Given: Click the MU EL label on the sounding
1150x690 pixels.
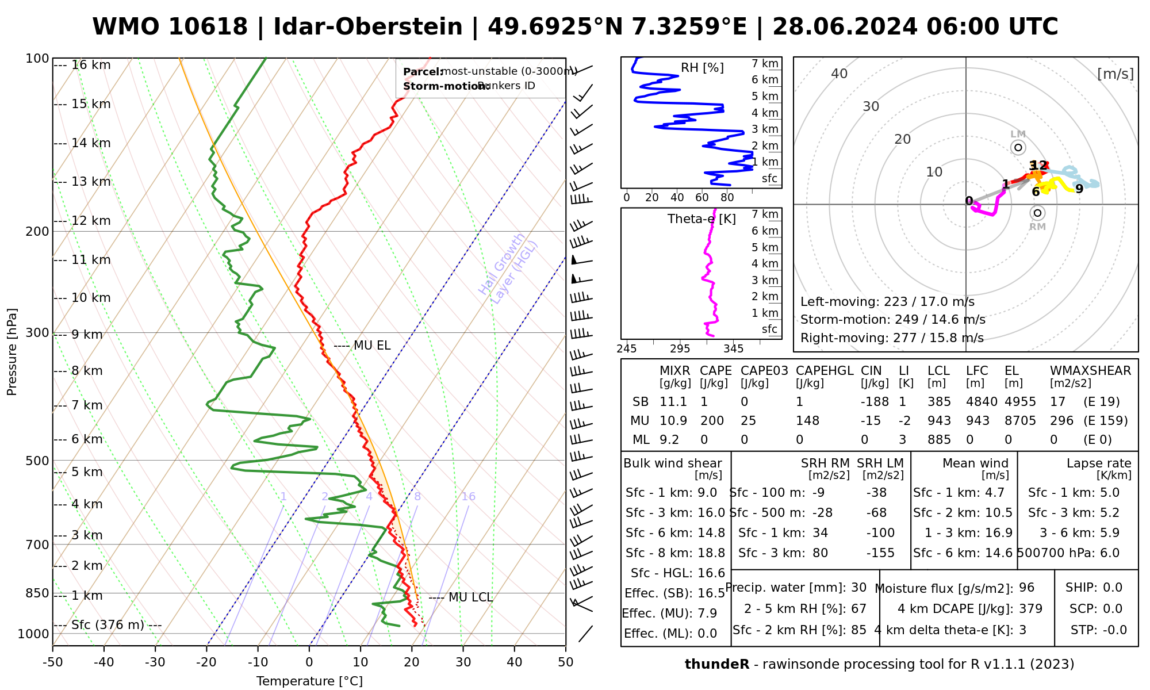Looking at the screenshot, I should pos(371,346).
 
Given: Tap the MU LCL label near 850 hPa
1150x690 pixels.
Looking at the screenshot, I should pos(470,597).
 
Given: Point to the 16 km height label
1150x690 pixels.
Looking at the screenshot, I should pos(91,65).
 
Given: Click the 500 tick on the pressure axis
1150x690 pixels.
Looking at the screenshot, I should pos(38,461).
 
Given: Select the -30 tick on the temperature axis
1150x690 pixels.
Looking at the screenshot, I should pos(155,662).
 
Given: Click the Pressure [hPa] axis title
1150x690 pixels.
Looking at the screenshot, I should pos(12,352).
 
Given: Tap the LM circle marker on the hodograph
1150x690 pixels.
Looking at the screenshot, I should pos(1018,148).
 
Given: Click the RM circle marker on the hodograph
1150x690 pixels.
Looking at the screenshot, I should pos(1037,213).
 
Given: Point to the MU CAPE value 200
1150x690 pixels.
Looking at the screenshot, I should pos(712,421).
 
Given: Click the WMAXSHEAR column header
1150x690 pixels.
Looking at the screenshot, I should pos(1090,371).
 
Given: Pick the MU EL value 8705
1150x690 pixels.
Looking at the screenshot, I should pos(1020,421).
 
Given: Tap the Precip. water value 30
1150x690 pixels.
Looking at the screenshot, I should pos(858,588).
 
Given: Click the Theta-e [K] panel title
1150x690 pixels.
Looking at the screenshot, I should pos(701,219).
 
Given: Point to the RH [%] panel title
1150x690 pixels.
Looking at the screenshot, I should pos(702,68).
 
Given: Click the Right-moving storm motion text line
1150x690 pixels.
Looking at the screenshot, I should pos(892,338).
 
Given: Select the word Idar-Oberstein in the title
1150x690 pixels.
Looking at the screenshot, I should pos(368,27).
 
